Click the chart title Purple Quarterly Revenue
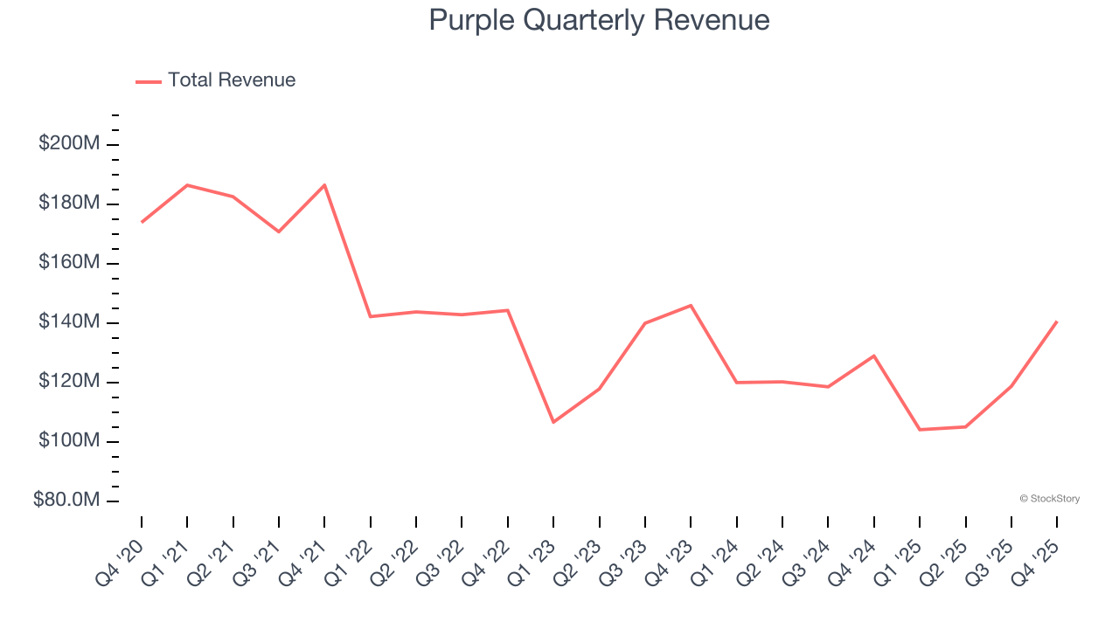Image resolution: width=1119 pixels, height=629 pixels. coord(599,20)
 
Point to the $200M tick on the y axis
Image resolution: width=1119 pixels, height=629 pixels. coord(69,143)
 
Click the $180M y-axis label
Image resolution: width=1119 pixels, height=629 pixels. coord(69,204)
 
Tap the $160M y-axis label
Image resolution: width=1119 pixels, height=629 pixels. coord(69,263)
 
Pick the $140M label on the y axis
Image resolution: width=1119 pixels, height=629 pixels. coord(69,322)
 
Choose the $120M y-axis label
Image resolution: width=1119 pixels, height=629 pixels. coord(69,382)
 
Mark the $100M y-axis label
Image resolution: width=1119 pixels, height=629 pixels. coord(69,441)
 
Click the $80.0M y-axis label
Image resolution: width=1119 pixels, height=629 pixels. coord(66,501)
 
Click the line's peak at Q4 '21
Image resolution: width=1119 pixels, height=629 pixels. coord(324,185)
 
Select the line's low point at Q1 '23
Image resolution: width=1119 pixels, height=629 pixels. coord(553,422)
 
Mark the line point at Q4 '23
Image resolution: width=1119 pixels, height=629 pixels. coord(691,306)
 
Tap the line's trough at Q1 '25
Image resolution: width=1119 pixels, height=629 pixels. coord(920,430)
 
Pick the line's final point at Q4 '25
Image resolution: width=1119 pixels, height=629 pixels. coord(1057,321)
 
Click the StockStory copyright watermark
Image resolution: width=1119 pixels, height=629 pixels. coord(1049,499)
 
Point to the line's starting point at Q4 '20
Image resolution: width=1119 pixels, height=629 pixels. coord(142,222)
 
